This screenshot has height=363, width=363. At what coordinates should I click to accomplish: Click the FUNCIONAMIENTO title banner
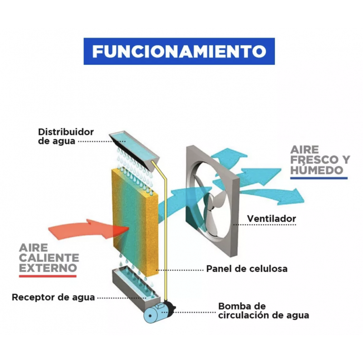point(179,51)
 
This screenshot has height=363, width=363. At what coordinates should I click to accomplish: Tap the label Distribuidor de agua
point(66,137)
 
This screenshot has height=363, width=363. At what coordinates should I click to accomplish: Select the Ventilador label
point(271,219)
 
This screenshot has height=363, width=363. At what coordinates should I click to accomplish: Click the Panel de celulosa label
point(247,269)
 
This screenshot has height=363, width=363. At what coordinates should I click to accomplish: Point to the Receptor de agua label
point(53,297)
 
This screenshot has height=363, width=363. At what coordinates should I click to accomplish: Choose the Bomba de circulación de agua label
point(264,311)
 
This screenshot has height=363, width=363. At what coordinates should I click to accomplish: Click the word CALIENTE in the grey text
point(49,258)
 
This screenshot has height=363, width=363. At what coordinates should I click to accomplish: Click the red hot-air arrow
point(88,229)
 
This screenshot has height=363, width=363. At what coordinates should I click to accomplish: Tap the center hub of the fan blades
point(211,201)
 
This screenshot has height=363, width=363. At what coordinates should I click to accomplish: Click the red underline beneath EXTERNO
point(48,276)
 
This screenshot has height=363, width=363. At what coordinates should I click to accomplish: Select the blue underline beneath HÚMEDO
point(319,178)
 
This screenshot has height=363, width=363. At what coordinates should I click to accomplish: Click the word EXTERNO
point(48,268)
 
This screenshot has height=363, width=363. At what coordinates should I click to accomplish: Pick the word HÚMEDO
point(317,170)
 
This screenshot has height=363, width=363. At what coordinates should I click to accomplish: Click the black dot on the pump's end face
point(150,316)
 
